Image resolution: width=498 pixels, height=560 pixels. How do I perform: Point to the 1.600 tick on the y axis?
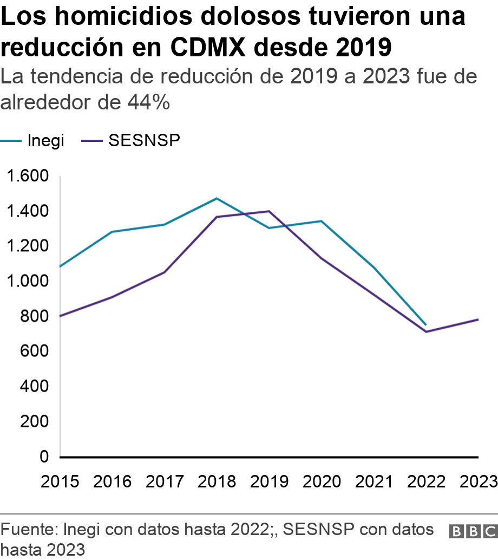coord(27,176)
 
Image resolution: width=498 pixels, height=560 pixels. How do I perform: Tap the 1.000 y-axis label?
coord(27,281)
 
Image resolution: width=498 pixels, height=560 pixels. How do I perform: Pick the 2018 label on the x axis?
coord(217,481)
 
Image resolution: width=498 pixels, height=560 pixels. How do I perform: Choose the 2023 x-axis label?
coord(478,481)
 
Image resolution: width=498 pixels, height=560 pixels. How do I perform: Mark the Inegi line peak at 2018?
coord(217,198)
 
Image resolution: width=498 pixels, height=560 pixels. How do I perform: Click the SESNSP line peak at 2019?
coord(269,211)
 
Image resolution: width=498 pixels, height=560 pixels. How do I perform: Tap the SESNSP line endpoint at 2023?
coord(478,320)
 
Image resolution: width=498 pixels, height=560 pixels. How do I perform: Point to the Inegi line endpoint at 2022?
coord(425,325)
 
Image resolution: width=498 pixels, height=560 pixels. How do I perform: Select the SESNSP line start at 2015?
coord(60,316)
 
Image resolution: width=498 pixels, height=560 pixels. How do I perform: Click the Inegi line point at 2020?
coord(322,221)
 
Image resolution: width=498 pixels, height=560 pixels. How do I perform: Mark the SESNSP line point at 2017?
coord(165,272)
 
